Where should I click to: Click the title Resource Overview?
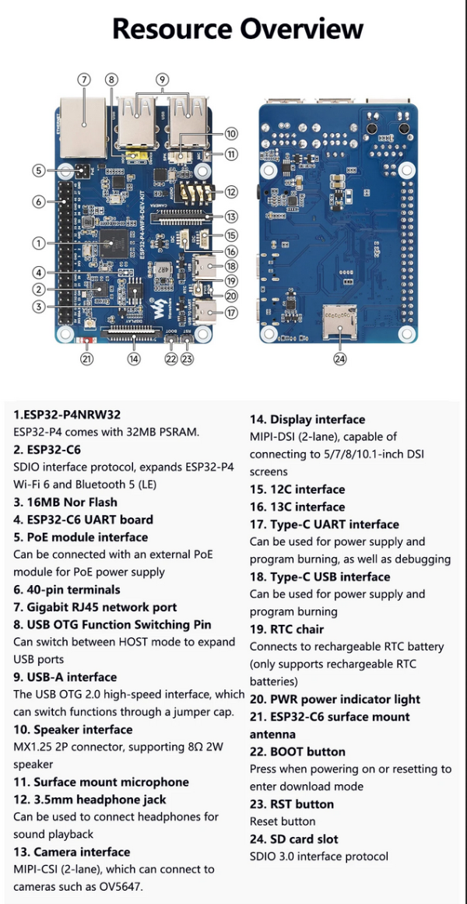pos(237,29)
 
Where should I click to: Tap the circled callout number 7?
pos(83,79)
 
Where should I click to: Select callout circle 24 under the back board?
pos(340,359)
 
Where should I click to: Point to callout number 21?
pos(87,359)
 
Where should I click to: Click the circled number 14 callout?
pos(134,359)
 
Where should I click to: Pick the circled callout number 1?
pos(38,244)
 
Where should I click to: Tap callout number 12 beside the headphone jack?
pos(231,191)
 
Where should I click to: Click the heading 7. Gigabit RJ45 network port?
pos(96,607)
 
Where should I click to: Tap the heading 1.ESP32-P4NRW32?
pos(68,414)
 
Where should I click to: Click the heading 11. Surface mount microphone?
pos(101,782)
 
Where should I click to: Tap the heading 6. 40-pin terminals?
pos(67,590)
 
